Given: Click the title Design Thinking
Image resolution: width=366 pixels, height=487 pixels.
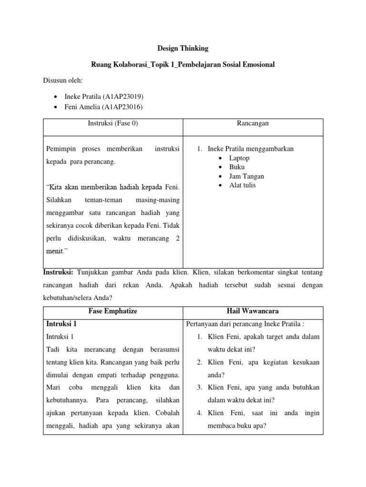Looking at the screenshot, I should pos(183,49).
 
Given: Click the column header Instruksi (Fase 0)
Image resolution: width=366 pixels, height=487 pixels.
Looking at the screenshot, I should pos(113,123).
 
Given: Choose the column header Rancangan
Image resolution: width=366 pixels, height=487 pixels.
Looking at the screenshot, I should pos(253,123).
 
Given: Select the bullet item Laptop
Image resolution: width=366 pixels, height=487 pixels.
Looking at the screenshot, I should pos(239,158).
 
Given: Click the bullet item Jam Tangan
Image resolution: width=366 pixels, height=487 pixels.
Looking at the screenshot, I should pos(246,176).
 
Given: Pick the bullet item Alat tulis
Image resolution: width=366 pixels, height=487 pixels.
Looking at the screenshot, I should pos(242,185).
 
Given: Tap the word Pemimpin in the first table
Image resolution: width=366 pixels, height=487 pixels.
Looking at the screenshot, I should pos(61,149).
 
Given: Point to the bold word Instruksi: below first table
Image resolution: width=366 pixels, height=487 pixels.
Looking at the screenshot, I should pos(59,273).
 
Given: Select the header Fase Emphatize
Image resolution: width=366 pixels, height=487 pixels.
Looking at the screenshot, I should pos(113,311).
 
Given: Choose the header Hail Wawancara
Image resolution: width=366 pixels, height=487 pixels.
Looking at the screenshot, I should pos(254,311).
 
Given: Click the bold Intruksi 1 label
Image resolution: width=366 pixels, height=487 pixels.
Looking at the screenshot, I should pos(61,324).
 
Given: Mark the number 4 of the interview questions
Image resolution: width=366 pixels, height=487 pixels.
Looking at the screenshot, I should pos(199,413).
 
